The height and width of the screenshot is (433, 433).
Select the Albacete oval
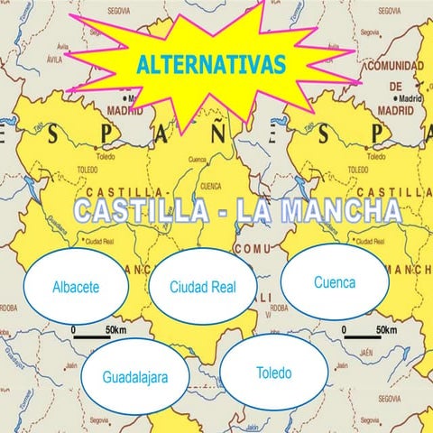click(x=76, y=288)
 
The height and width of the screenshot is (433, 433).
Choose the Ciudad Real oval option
click(x=203, y=288)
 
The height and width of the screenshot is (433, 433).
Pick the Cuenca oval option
click(x=335, y=282)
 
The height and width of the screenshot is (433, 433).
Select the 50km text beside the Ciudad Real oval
click(x=116, y=330)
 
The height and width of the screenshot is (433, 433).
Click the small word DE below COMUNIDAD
click(x=394, y=83)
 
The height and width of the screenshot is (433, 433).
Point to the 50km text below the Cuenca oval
click(x=387, y=330)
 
